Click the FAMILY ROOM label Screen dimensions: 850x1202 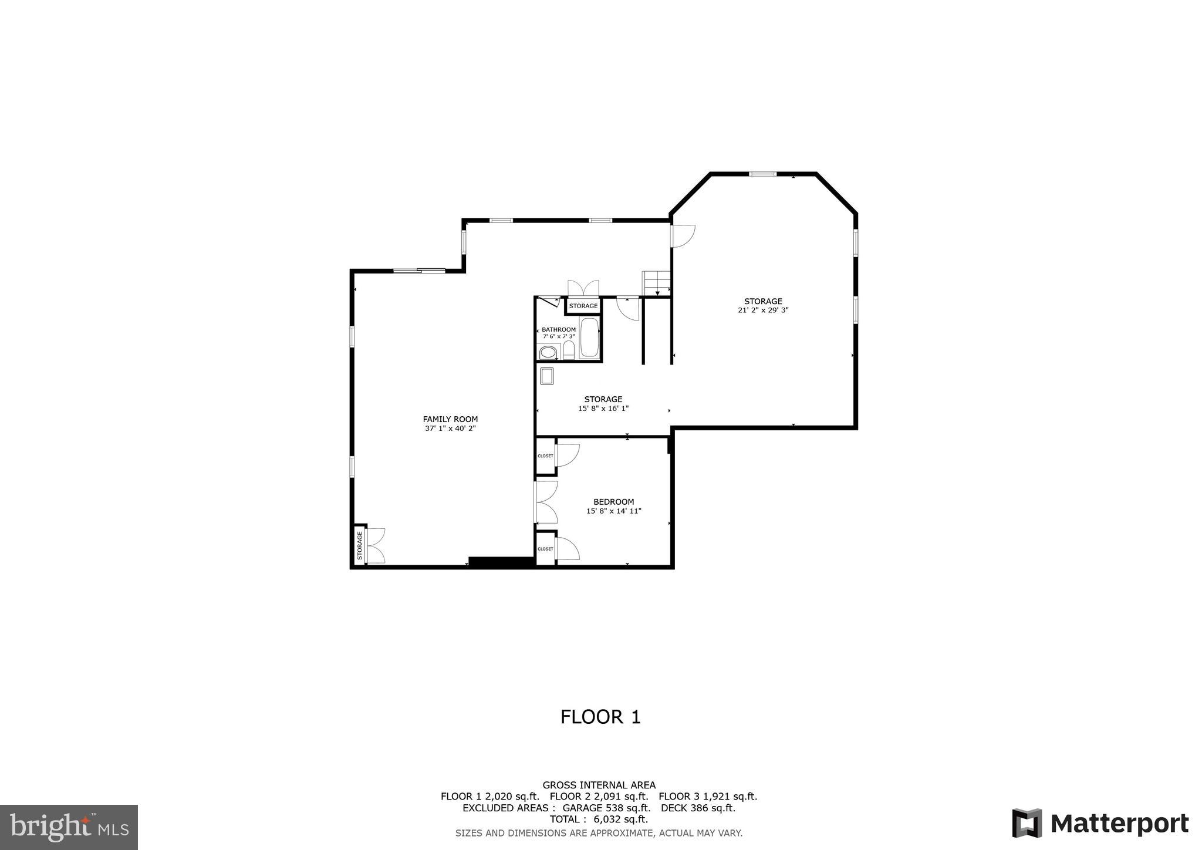450,419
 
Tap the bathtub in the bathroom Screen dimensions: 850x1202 589,338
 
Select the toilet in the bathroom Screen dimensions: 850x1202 568,350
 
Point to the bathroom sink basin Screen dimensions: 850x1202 548,352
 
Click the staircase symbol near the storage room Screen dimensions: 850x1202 657,284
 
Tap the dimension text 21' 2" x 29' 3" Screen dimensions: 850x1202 763,311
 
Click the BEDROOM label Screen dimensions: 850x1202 613,502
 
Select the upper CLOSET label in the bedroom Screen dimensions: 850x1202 545,456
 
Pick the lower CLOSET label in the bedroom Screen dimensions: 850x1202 545,549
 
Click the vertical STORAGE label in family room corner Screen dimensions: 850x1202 360,545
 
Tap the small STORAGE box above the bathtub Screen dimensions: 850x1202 583,306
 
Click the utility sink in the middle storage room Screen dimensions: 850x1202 547,376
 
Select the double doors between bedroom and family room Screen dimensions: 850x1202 545,502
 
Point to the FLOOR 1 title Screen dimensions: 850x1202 600,717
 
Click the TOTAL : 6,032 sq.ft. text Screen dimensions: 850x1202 599,819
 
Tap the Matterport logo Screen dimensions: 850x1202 1100,824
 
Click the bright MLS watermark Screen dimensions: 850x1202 69,828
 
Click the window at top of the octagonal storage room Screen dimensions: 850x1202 762,174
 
